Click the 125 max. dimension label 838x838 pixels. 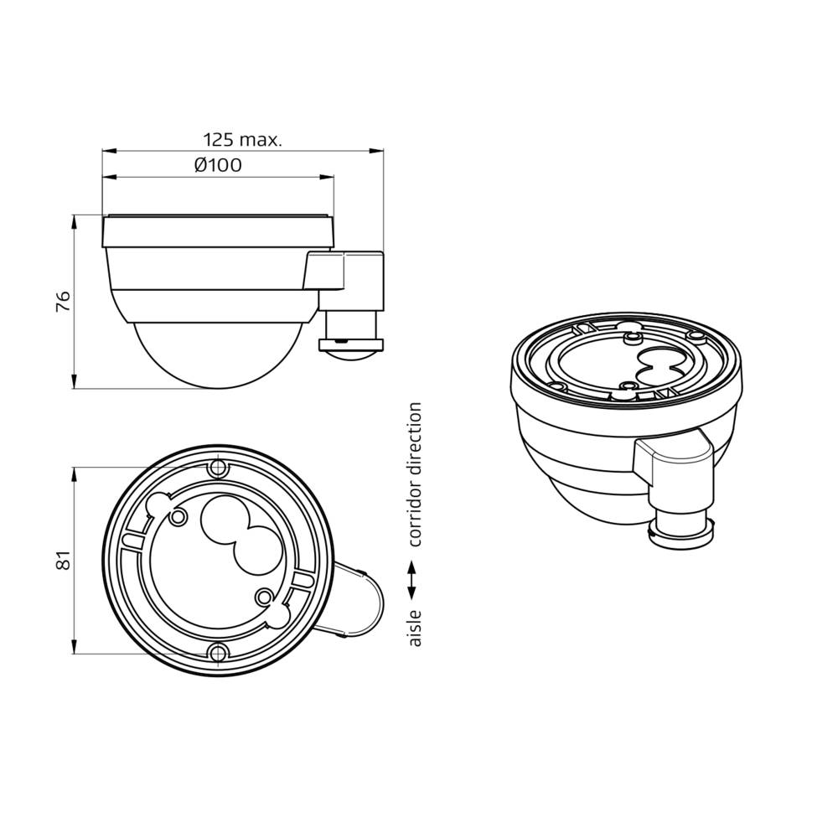coord(242,139)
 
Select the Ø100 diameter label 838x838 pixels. coord(218,165)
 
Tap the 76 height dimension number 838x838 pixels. coord(63,301)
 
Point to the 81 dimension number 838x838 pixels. coord(63,560)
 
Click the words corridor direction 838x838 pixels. coord(414,474)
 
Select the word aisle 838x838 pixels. coord(414,628)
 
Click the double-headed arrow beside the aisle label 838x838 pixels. coord(413,581)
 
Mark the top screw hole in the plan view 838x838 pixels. coord(219,467)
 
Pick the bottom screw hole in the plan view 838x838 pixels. coord(219,654)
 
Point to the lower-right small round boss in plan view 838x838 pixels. coord(265,597)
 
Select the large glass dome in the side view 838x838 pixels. coord(209,352)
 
